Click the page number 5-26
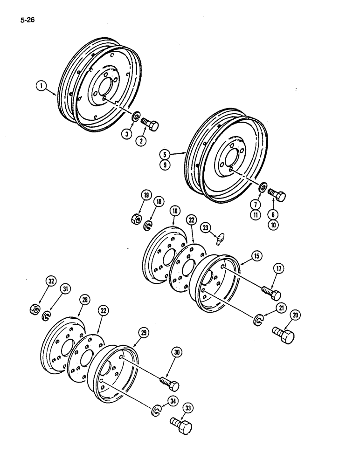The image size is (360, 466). point(28,20)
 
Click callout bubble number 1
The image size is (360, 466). point(42,86)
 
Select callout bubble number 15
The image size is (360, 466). point(257,255)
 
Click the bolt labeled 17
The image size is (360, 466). point(271,293)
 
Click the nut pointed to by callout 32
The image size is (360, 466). point(35,308)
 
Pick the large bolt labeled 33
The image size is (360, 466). point(181,425)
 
